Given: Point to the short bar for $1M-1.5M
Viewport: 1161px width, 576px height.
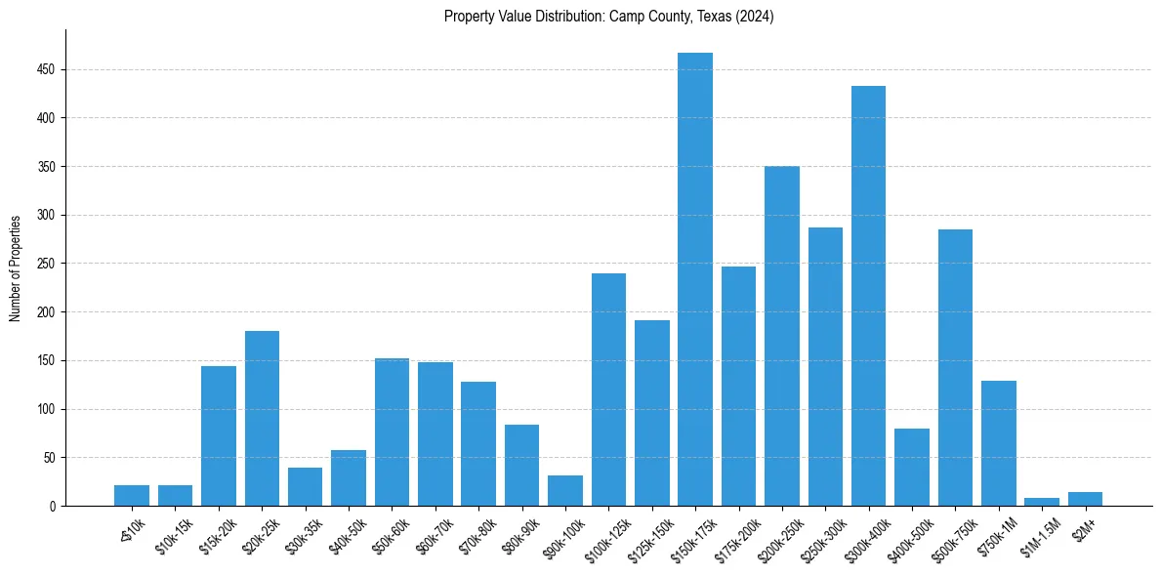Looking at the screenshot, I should (1042, 502).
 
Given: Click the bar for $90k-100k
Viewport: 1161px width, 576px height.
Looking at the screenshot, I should (565, 490).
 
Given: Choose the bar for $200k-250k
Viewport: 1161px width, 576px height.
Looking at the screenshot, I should (782, 336).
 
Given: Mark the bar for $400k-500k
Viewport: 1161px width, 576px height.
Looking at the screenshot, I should (912, 467).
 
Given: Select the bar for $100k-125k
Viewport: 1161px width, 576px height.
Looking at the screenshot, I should (608, 390).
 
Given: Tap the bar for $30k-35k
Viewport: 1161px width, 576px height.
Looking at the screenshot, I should (305, 486).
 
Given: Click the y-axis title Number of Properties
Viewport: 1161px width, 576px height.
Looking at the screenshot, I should (16, 267).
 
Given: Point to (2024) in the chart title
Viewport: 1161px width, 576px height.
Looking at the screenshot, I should (755, 17).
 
